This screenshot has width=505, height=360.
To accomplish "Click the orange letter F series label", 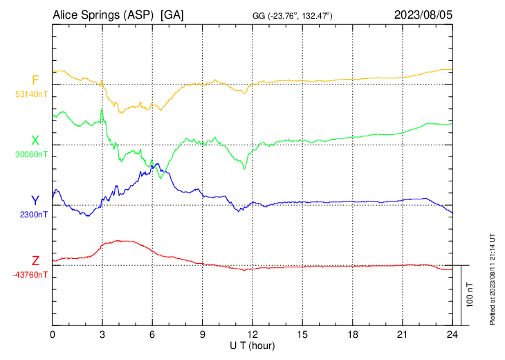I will click(35, 80).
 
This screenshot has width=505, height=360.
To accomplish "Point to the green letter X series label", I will click(35, 141).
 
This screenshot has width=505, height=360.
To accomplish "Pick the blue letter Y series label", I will click(35, 201).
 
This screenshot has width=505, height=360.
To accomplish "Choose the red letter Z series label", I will click(35, 260).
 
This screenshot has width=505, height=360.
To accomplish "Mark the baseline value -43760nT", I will click(30, 275).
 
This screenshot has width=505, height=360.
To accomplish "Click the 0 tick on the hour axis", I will click(53, 334).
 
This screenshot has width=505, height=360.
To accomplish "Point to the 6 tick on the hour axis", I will click(152, 334).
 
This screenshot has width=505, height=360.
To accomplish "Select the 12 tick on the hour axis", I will click(252, 334).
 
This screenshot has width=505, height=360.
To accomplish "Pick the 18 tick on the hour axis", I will click(352, 334).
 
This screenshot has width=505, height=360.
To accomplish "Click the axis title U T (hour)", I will click(252, 345).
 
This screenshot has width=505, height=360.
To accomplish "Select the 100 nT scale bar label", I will click(470, 295).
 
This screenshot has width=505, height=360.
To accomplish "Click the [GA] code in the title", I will click(172, 15).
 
